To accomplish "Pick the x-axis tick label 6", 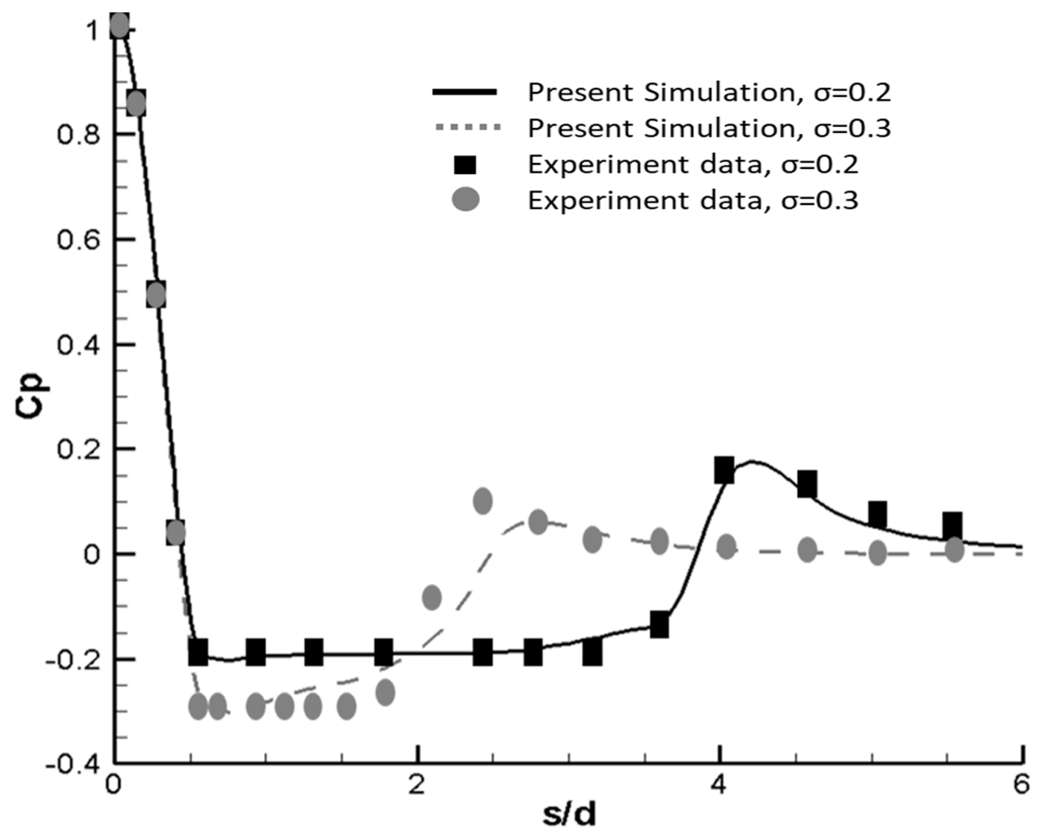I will coord(1021,784).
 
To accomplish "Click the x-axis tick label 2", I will coord(416,784).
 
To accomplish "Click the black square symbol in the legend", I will coord(465,165).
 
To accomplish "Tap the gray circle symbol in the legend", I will coord(465,199).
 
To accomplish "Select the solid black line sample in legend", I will coord(464,92).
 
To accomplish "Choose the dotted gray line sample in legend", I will coord(467,128).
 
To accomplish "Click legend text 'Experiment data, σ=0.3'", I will coord(693,200).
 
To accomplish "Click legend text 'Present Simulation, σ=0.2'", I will coord(709,92).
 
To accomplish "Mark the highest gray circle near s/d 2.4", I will coord(483,501).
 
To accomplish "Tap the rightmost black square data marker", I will coord(952,525).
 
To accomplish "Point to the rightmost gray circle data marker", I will coord(954,550).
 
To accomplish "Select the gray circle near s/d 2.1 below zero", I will coord(432,597).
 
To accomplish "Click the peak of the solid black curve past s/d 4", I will coord(752,461).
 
